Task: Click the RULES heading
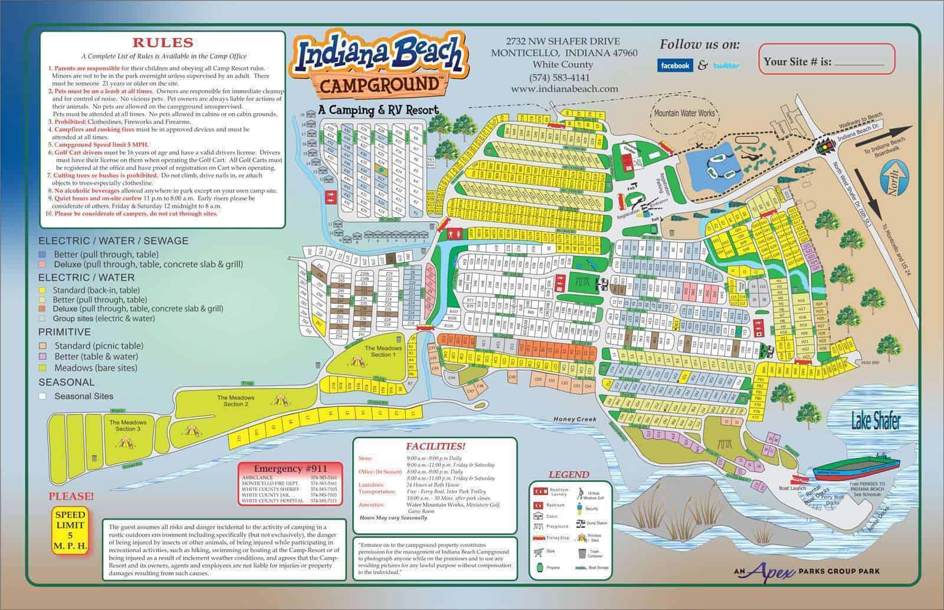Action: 162,42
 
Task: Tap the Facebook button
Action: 675,65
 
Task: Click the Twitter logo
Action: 726,65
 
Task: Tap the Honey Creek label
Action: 575,419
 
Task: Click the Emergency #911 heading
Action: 282,469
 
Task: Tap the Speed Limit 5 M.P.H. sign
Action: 70,530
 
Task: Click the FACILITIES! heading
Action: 435,447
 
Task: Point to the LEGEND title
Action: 568,474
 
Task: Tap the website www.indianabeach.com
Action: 565,89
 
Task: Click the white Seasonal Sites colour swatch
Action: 42,396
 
